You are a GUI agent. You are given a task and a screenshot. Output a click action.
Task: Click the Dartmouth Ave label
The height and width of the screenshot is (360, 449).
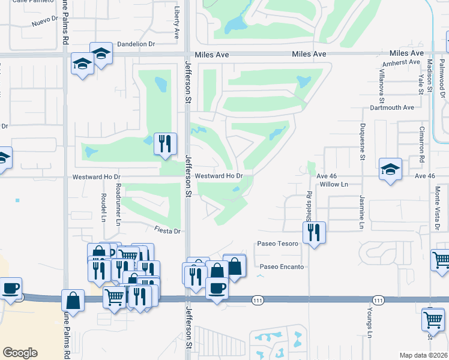click(x=392, y=107)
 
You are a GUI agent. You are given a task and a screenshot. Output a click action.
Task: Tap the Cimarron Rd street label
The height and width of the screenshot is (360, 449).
click(x=422, y=143)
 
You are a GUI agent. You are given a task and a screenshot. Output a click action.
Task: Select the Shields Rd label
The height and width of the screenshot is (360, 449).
click(x=309, y=206)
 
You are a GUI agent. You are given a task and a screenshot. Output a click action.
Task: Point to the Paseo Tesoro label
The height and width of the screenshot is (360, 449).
click(x=277, y=244)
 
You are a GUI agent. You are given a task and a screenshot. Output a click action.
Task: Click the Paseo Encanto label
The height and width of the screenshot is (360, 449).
click(x=282, y=266)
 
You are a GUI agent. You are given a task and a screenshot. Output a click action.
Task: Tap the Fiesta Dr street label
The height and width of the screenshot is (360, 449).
click(x=167, y=230)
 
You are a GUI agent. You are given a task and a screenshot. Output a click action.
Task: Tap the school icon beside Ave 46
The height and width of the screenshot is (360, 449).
click(x=390, y=170)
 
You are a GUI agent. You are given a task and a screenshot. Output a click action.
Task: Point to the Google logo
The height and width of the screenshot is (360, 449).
click(x=20, y=353)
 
